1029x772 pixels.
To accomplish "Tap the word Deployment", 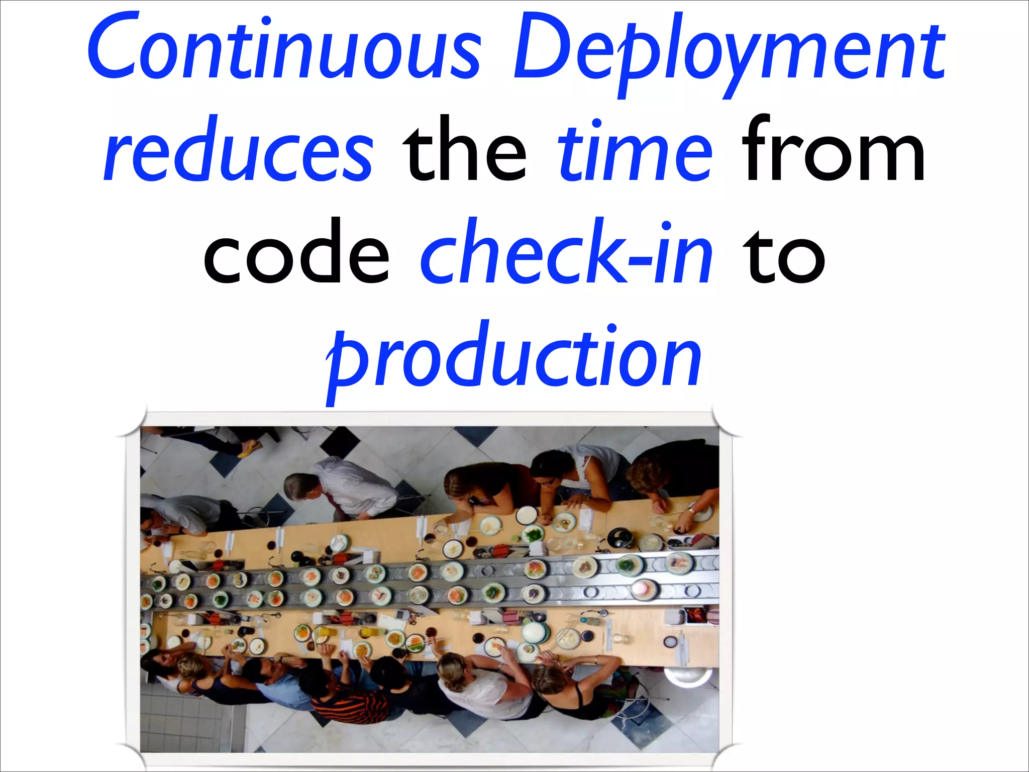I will click(x=729, y=50).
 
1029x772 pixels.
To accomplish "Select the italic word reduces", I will click(x=239, y=151).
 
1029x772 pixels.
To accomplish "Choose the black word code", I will click(x=296, y=251).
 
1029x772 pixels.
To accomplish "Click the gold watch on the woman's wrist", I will click(x=691, y=511).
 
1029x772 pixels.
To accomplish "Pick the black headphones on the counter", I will click(x=620, y=537).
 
